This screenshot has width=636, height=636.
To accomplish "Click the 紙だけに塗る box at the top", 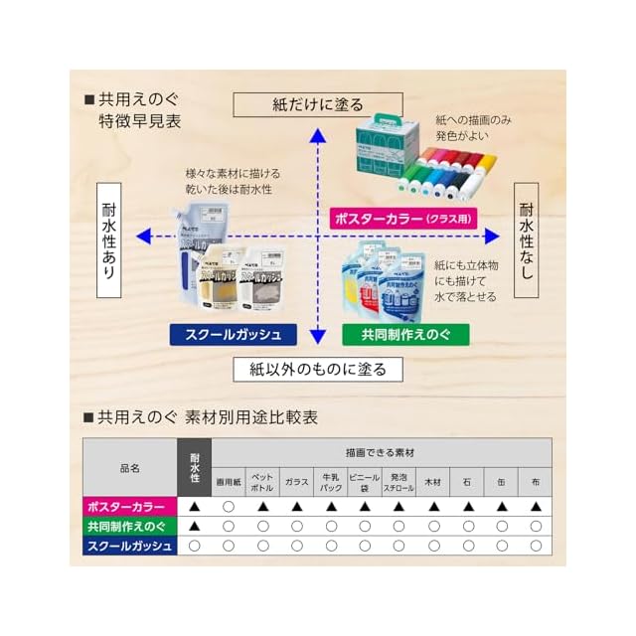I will pyautogui.click(x=317, y=104).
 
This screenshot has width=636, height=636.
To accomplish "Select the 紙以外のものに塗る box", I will pyautogui.click(x=317, y=369).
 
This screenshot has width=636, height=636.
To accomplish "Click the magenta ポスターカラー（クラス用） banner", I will pyautogui.click(x=400, y=218).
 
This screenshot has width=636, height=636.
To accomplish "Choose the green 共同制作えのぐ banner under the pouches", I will pyautogui.click(x=406, y=334).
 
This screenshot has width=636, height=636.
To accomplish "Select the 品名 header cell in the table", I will pyautogui.click(x=129, y=466).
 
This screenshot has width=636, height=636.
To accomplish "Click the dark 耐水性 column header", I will pyautogui.click(x=195, y=466).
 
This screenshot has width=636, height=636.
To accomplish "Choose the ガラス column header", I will pyautogui.click(x=296, y=481).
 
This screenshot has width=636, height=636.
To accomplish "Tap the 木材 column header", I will pyautogui.click(x=432, y=481).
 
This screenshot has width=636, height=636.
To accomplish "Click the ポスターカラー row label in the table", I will pyautogui.click(x=129, y=507).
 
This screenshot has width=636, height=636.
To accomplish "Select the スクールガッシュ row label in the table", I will pyautogui.click(x=129, y=545).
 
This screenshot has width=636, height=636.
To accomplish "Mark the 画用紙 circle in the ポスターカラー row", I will pyautogui.click(x=229, y=507).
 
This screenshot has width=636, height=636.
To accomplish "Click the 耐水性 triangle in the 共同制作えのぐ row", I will pyautogui.click(x=195, y=526).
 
